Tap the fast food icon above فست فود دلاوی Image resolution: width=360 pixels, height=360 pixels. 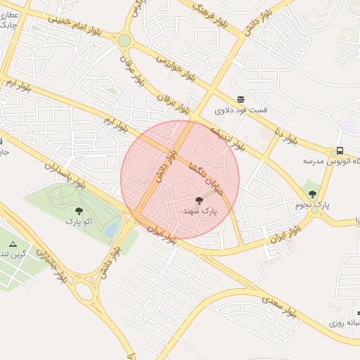240,99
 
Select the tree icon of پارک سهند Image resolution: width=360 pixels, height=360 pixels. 207,200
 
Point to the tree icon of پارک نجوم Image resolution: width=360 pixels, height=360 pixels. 312,194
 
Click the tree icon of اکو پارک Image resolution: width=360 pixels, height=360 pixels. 78,211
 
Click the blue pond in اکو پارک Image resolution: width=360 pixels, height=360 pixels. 111,229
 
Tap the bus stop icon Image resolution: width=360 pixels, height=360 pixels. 340,150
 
